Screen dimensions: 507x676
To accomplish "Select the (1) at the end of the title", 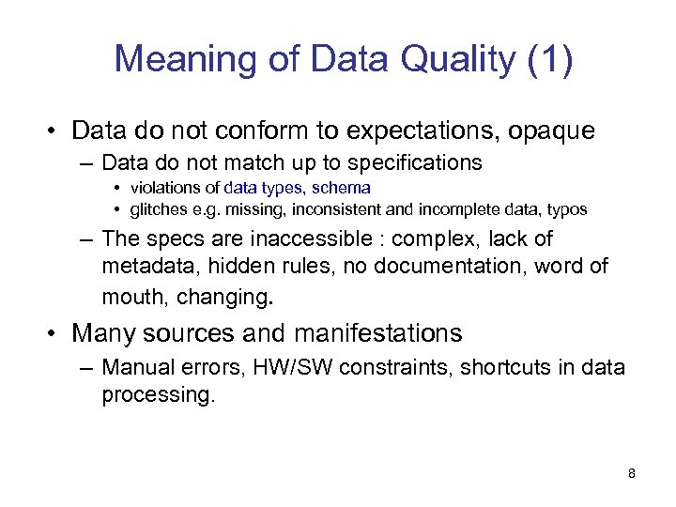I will click(x=548, y=60).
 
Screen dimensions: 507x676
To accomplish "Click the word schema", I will click(x=346, y=188).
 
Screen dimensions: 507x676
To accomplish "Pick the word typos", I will click(x=566, y=208).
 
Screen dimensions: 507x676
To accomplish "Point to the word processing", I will click(x=158, y=394).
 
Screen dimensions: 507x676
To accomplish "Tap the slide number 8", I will click(x=631, y=473).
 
